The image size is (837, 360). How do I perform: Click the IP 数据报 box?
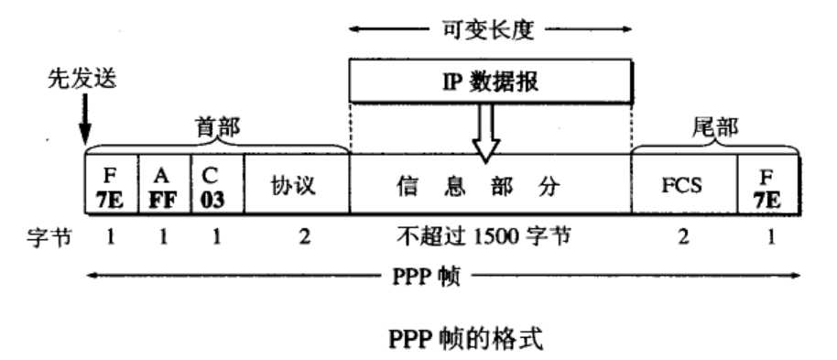click(x=490, y=81)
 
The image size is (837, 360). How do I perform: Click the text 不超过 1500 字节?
click(x=490, y=237)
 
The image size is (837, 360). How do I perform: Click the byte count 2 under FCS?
click(x=684, y=237)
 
